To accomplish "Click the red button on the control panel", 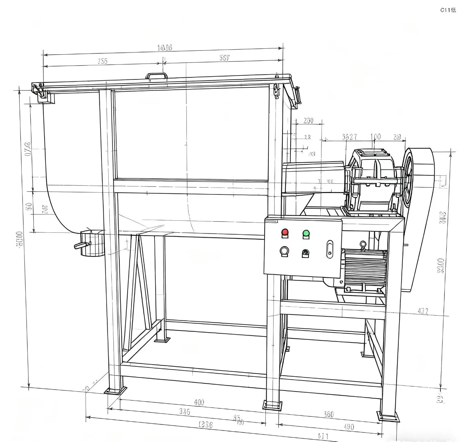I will pyautogui.click(x=285, y=232).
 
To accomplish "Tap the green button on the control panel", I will pyautogui.click(x=306, y=233).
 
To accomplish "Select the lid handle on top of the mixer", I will pyautogui.click(x=156, y=76).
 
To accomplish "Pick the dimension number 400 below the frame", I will pyautogui.click(x=199, y=402).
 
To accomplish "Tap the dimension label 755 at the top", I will pyautogui.click(x=102, y=61).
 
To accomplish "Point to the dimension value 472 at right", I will pyautogui.click(x=423, y=311).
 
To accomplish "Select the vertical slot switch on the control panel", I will pyautogui.click(x=330, y=249).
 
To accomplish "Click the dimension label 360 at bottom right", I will pyautogui.click(x=329, y=414).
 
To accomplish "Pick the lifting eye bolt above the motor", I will pyautogui.click(x=363, y=246).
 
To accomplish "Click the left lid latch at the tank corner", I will pyautogui.click(x=40, y=92).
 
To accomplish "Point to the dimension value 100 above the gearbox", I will pyautogui.click(x=375, y=137).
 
